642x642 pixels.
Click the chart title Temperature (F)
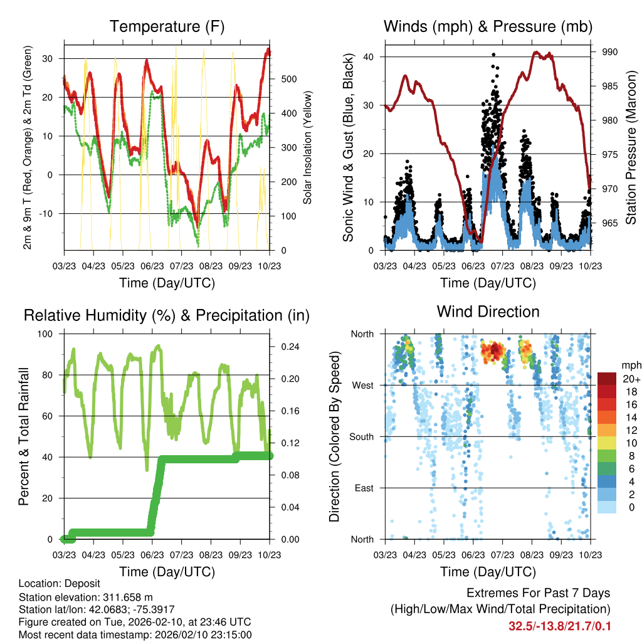coord(167,26)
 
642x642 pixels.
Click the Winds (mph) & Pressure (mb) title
coord(488,26)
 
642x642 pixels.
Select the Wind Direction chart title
coord(488,311)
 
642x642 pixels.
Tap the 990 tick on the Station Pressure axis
coord(610,52)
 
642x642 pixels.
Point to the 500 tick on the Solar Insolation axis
coord(288,79)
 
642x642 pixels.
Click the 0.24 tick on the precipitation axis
coord(286,347)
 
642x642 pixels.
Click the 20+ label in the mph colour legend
coord(631,379)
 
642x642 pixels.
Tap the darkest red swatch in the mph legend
coord(607,379)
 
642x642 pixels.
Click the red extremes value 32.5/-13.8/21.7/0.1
coord(560,626)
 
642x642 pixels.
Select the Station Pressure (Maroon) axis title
coord(631,147)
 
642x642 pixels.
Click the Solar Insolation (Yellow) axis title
coord(307,147)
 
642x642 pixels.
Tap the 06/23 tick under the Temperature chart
coord(152,266)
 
